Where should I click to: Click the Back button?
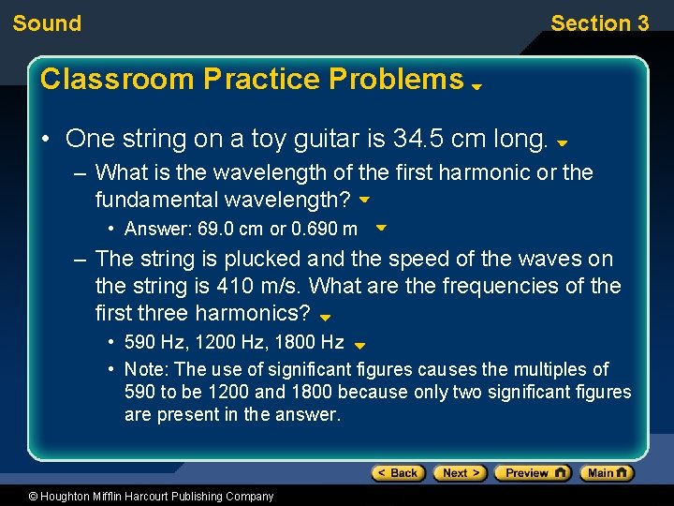pos(398,473)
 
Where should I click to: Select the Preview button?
pos(532,473)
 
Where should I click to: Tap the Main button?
pos(607,473)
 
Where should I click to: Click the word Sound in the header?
pos(47,23)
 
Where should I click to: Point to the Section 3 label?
pos(599,23)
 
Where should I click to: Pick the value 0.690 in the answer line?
pos(314,229)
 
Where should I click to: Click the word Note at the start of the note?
pos(142,369)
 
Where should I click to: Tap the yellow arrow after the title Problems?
pos(476,85)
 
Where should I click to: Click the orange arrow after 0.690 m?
pos(381,228)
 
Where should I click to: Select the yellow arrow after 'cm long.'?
pos(562,144)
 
